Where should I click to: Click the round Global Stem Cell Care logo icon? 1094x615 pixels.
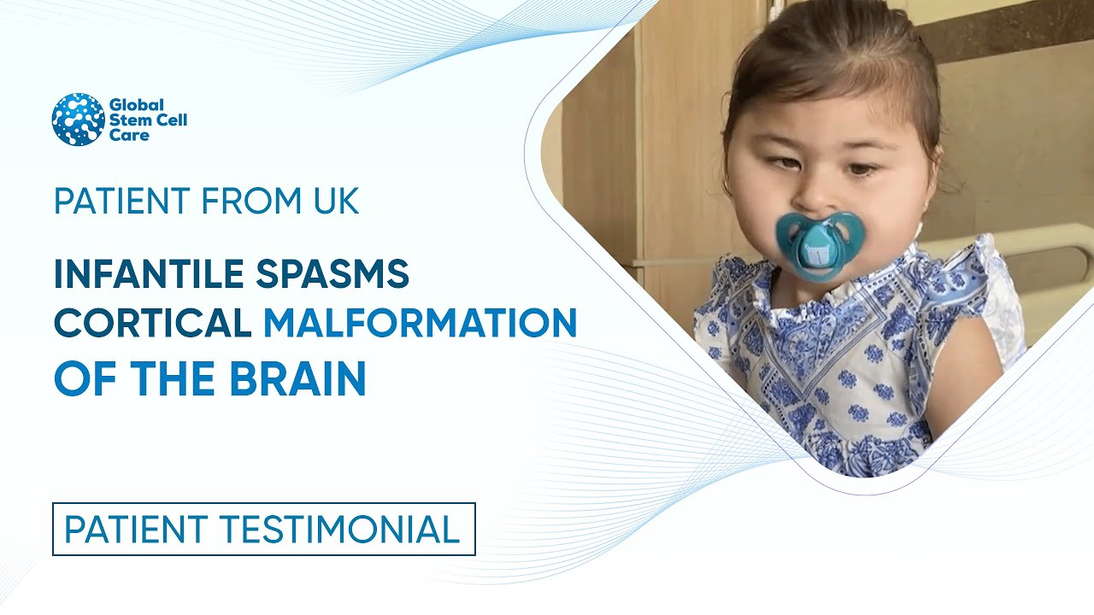78,120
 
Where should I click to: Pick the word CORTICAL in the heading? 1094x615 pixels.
152,323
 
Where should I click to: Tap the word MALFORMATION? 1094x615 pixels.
420,323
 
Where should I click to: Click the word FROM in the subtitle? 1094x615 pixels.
242,201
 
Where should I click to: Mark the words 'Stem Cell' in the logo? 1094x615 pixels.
148,120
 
